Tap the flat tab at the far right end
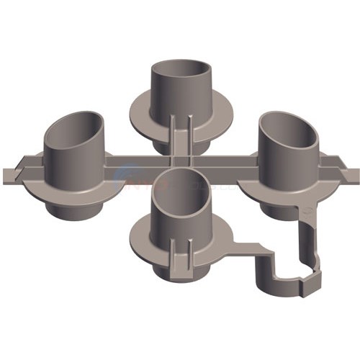point(351,175)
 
